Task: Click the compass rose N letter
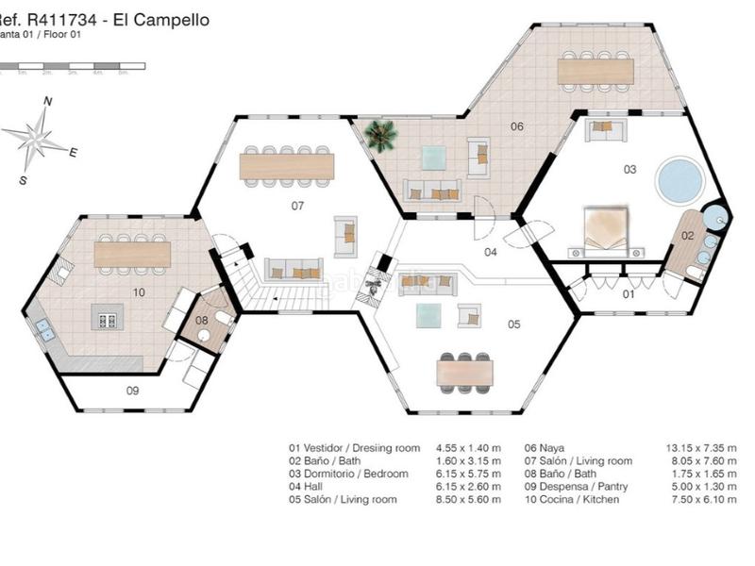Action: point(47,101)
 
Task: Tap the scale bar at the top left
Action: point(72,66)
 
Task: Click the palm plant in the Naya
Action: point(381,136)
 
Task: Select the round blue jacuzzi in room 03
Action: point(679,179)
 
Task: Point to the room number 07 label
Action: point(296,205)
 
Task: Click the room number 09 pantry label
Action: point(132,390)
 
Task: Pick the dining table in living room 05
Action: point(464,374)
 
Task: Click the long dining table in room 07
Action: point(287,166)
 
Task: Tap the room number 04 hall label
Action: point(491,253)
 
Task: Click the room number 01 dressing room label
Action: point(628,294)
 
